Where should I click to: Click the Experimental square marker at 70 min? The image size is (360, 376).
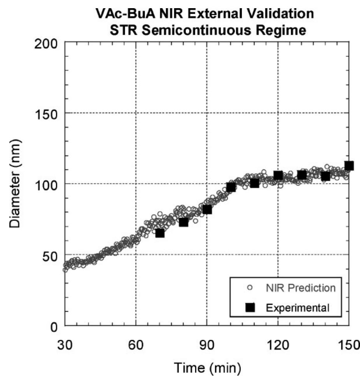160,233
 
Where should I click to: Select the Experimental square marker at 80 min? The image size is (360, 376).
183,222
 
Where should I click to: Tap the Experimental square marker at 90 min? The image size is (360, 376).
207,209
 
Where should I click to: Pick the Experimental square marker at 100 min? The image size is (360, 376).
231,187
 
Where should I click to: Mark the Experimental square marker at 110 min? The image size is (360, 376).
255,183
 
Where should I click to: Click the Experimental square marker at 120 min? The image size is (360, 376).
278,176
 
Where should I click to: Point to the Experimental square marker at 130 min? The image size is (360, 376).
302,175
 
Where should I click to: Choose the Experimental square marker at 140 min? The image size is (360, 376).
325,176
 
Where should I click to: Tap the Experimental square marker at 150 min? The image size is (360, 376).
349,166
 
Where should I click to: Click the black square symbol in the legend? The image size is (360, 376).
250,308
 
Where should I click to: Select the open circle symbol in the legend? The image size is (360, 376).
250,288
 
